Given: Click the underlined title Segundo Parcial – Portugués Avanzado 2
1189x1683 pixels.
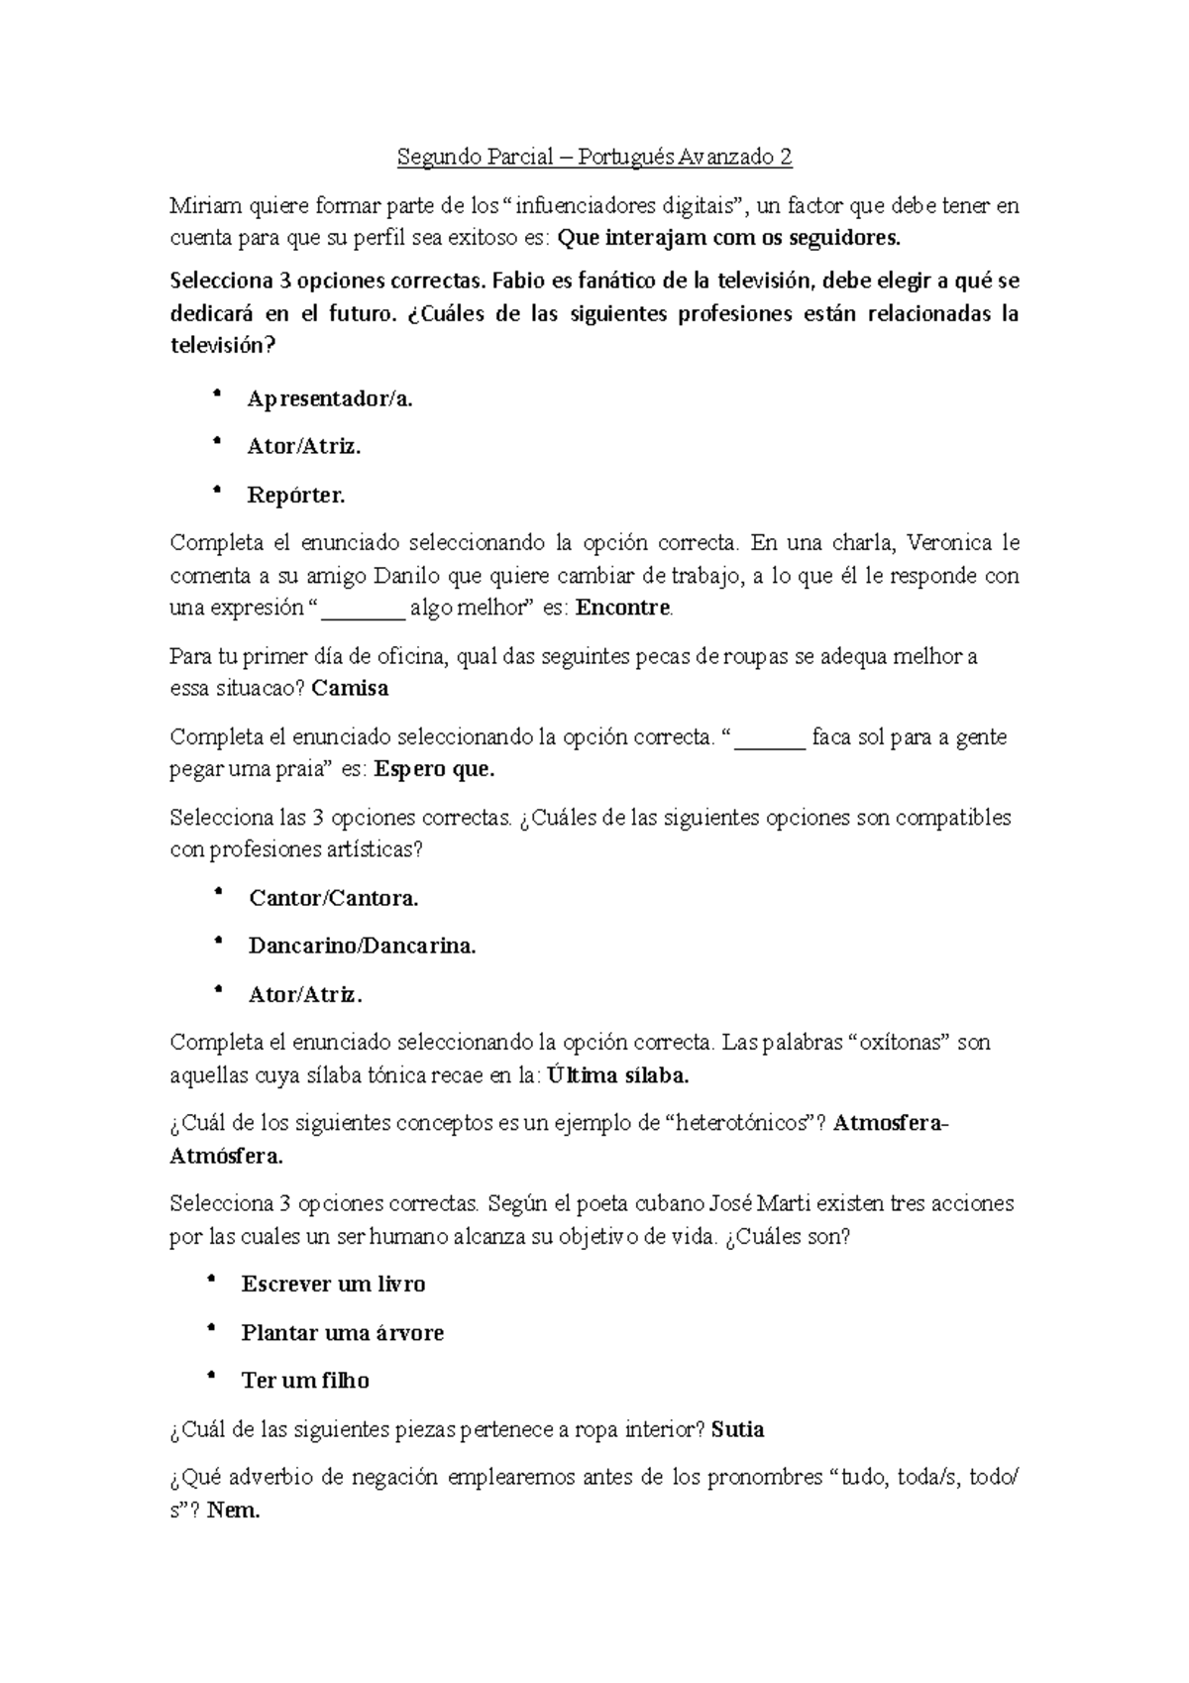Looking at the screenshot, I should click(x=594, y=157).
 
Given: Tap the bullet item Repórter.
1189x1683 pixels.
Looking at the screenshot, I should click(x=295, y=495).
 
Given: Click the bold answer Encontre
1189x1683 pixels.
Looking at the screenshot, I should click(x=623, y=608).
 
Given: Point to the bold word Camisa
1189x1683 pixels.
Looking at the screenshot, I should click(x=350, y=688).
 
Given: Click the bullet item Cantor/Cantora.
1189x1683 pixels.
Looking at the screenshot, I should click(x=333, y=898).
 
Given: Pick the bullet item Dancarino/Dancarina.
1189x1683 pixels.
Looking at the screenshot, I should click(x=362, y=946).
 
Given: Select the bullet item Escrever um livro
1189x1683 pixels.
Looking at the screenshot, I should click(x=333, y=1284).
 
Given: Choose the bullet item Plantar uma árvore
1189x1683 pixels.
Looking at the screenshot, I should click(x=342, y=1332).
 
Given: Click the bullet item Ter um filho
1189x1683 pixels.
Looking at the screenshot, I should click(x=305, y=1380).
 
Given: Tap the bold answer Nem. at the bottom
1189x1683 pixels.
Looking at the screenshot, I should click(x=234, y=1511).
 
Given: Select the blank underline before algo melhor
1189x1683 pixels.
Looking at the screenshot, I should click(x=365, y=608).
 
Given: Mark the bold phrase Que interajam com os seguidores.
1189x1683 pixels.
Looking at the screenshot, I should click(x=731, y=238).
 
